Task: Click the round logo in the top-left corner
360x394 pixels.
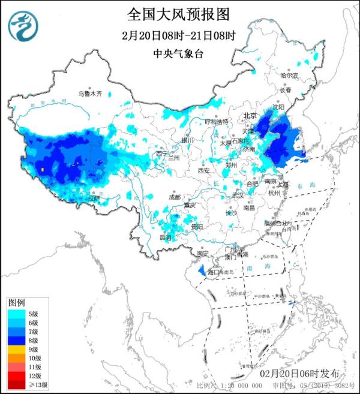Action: pyautogui.click(x=23, y=26)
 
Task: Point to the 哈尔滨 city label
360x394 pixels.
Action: pyautogui.click(x=289, y=76)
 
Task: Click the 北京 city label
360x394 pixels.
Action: pyautogui.click(x=250, y=115)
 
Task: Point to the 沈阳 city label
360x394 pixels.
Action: pyautogui.click(x=278, y=107)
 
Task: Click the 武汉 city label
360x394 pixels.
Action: pyautogui.click(x=238, y=195)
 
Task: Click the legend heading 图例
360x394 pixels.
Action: pyautogui.click(x=16, y=302)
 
